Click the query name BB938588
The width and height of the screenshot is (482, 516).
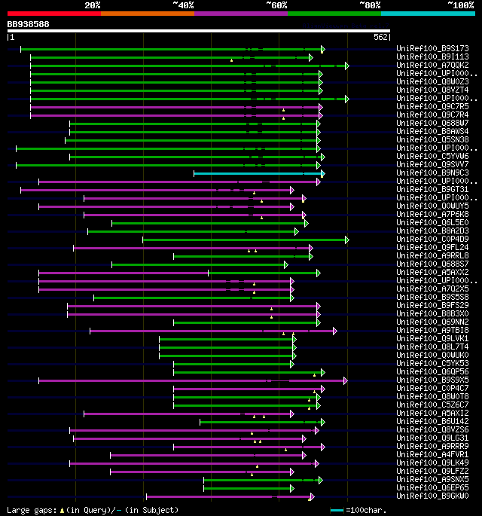click(29, 24)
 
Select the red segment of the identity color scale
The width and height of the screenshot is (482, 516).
click(53, 13)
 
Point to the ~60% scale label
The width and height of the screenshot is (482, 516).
click(276, 5)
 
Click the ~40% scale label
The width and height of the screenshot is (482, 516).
click(183, 5)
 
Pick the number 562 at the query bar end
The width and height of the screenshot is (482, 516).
click(380, 37)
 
